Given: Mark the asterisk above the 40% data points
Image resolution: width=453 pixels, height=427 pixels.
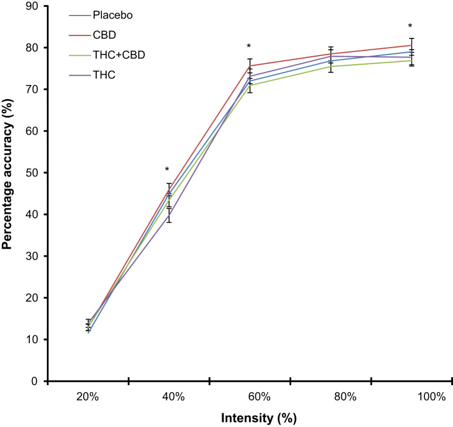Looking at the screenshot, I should pos(167,170).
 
